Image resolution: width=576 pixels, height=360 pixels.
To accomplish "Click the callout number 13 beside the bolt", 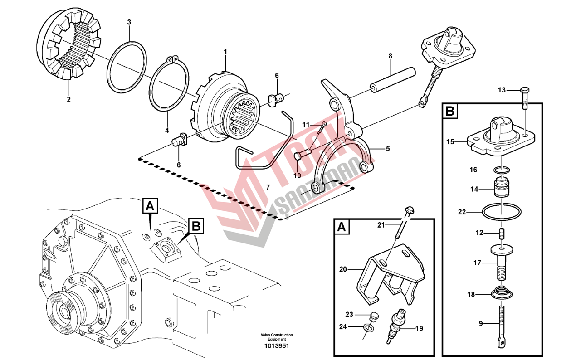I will point(501,90).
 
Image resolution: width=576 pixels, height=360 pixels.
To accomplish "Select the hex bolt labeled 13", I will point(525,97).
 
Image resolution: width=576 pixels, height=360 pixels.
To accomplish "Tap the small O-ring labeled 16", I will point(502,170).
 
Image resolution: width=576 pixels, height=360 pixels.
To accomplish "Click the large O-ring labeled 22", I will point(502,212).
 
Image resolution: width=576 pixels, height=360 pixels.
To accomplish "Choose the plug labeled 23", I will point(375,316).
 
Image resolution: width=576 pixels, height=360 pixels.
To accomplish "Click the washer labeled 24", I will point(369,327).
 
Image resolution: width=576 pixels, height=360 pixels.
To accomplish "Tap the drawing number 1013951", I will point(277,346).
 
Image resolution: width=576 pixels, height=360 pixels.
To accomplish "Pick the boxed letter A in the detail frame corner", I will point(343,227).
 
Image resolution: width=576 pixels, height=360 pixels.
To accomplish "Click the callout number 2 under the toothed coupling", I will point(68,99).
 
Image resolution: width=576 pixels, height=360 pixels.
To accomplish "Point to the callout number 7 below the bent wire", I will point(268,187).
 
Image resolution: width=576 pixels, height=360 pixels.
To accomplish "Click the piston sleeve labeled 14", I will point(502,189).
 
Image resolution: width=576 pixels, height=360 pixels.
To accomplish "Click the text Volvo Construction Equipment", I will point(277,337).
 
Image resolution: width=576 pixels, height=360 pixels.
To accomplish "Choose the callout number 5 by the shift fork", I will point(387,148).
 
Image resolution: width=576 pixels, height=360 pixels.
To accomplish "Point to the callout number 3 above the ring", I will point(129,22).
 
